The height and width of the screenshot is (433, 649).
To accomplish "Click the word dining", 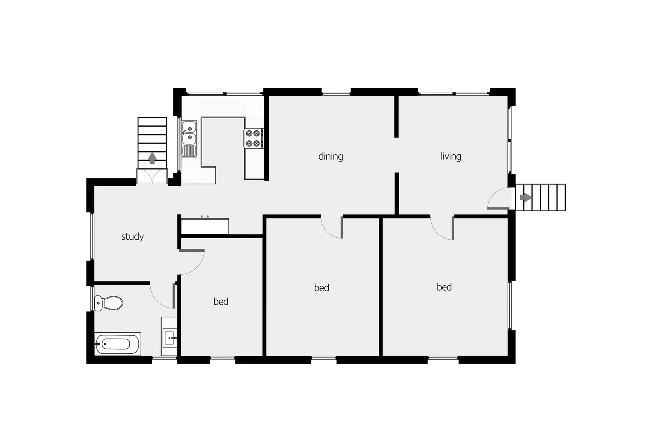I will tap(330, 156).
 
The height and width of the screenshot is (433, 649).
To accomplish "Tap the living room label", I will tap(450, 156).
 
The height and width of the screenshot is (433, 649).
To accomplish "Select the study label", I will tap(132, 237).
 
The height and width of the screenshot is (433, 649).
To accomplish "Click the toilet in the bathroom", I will tap(109, 303).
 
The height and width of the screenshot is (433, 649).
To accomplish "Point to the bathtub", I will tap(118, 344).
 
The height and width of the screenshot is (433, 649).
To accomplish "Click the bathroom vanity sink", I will tap(169, 337).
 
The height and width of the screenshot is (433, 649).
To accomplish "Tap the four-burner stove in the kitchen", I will tap(253, 138).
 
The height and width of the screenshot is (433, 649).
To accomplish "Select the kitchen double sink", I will tap(189, 133).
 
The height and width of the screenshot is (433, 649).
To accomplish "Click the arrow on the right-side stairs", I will tap(525, 197).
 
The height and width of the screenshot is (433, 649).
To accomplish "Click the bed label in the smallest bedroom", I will tap(221, 302).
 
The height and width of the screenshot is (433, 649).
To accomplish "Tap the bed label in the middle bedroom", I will tap(321, 288).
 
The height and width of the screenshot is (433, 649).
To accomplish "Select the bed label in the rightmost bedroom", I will tap(444, 287).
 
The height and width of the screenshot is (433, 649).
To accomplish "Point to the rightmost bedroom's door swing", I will tap(442, 229).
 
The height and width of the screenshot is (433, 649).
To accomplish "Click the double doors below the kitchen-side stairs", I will tap(152, 176).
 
